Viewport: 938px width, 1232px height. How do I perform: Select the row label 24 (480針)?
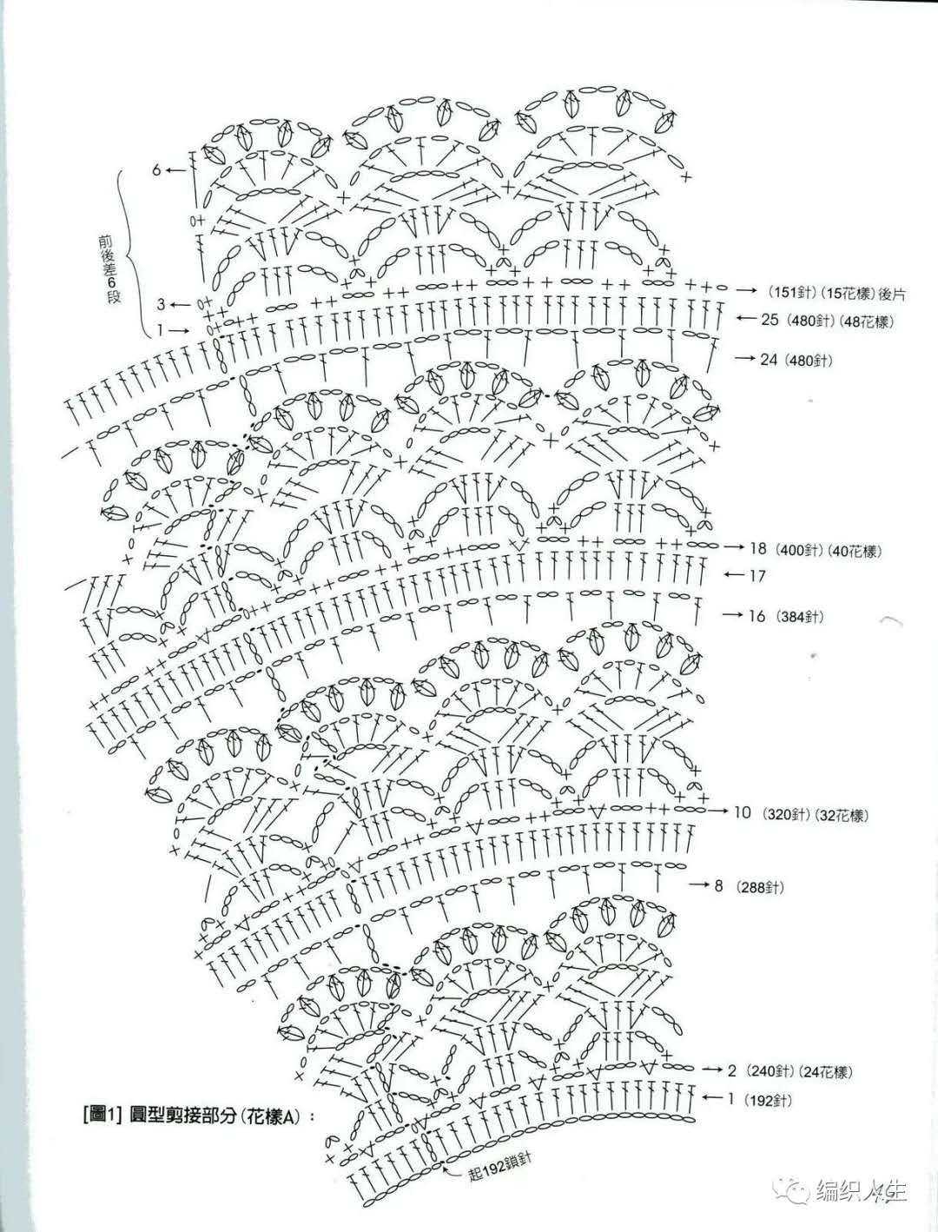pos(796,360)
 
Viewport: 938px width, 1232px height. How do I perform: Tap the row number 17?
pos(756,576)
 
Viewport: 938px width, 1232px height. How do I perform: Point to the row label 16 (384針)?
pos(787,616)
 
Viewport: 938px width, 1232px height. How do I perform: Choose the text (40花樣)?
pos(854,550)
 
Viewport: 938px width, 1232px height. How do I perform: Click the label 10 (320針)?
pos(771,812)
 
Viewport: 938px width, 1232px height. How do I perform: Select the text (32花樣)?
pos(840,812)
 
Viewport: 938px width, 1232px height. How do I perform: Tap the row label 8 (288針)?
pos(749,887)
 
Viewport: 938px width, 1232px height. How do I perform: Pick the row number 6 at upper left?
pos(156,169)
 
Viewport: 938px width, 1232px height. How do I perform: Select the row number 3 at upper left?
pos(161,305)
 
